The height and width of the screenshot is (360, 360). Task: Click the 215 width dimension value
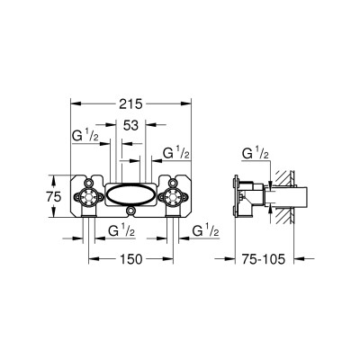(130, 104)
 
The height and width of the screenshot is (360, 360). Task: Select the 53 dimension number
(130, 125)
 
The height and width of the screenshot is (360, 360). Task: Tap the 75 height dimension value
(54, 197)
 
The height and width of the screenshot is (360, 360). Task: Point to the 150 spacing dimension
(130, 259)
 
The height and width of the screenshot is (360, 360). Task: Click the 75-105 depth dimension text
(263, 259)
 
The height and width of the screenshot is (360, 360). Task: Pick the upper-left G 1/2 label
(85, 136)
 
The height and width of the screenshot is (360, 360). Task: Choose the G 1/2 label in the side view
(256, 153)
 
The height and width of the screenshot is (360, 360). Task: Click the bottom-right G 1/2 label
(205, 230)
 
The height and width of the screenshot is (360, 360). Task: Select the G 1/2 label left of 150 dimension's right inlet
(121, 230)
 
